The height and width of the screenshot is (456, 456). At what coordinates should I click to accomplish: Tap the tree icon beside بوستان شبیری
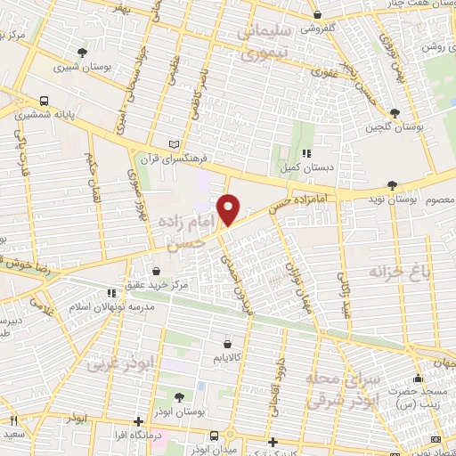(x=83, y=53)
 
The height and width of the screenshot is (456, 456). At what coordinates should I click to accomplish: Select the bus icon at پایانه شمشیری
(x=44, y=101)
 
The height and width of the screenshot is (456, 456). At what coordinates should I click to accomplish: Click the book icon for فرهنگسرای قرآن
(x=175, y=143)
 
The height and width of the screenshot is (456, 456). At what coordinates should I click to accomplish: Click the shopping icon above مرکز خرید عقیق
(x=157, y=271)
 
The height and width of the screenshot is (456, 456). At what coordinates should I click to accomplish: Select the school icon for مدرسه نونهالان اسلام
(x=111, y=292)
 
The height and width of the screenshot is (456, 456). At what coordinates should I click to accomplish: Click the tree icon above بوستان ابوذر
(x=179, y=397)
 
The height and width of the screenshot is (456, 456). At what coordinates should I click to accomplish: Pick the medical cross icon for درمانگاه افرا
(x=138, y=421)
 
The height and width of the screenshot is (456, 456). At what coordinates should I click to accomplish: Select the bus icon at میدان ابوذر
(x=214, y=435)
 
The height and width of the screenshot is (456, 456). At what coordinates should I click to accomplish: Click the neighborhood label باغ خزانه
(x=400, y=272)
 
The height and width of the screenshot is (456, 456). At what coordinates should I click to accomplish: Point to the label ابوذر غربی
(x=121, y=362)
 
